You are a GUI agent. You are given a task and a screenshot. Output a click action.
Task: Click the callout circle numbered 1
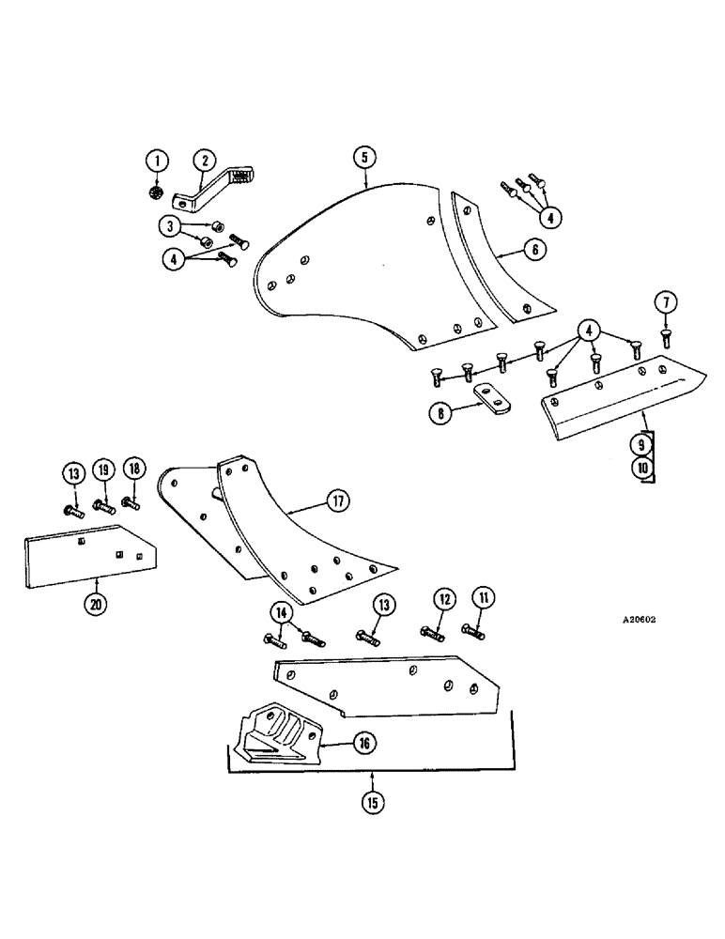159,162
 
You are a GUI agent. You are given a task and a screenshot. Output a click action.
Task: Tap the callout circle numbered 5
364,157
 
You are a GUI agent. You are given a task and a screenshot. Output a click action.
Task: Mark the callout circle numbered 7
665,302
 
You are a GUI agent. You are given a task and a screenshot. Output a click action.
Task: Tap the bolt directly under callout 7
665,334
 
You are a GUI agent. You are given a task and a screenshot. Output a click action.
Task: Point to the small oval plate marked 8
488,399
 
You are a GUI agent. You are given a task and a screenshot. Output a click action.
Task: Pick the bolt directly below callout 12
432,631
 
